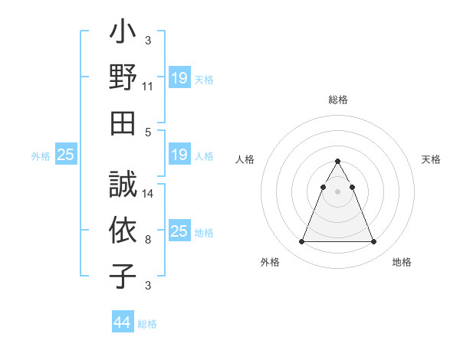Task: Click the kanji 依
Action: [x=123, y=231]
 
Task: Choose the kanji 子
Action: [x=123, y=275]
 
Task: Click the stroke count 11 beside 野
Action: [x=148, y=87]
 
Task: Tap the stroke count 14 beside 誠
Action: [x=148, y=195]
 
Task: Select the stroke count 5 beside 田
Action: [x=148, y=132]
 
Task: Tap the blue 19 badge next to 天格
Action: [x=179, y=78]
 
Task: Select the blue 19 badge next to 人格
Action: [x=179, y=155]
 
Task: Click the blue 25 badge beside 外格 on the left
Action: [x=66, y=155]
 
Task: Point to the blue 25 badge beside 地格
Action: [x=179, y=231]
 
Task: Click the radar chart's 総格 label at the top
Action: [x=338, y=100]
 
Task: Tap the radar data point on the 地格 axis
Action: [x=373, y=242]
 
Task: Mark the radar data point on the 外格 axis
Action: [x=301, y=242]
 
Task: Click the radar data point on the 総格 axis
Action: [x=337, y=161]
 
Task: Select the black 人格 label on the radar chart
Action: [x=245, y=159]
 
